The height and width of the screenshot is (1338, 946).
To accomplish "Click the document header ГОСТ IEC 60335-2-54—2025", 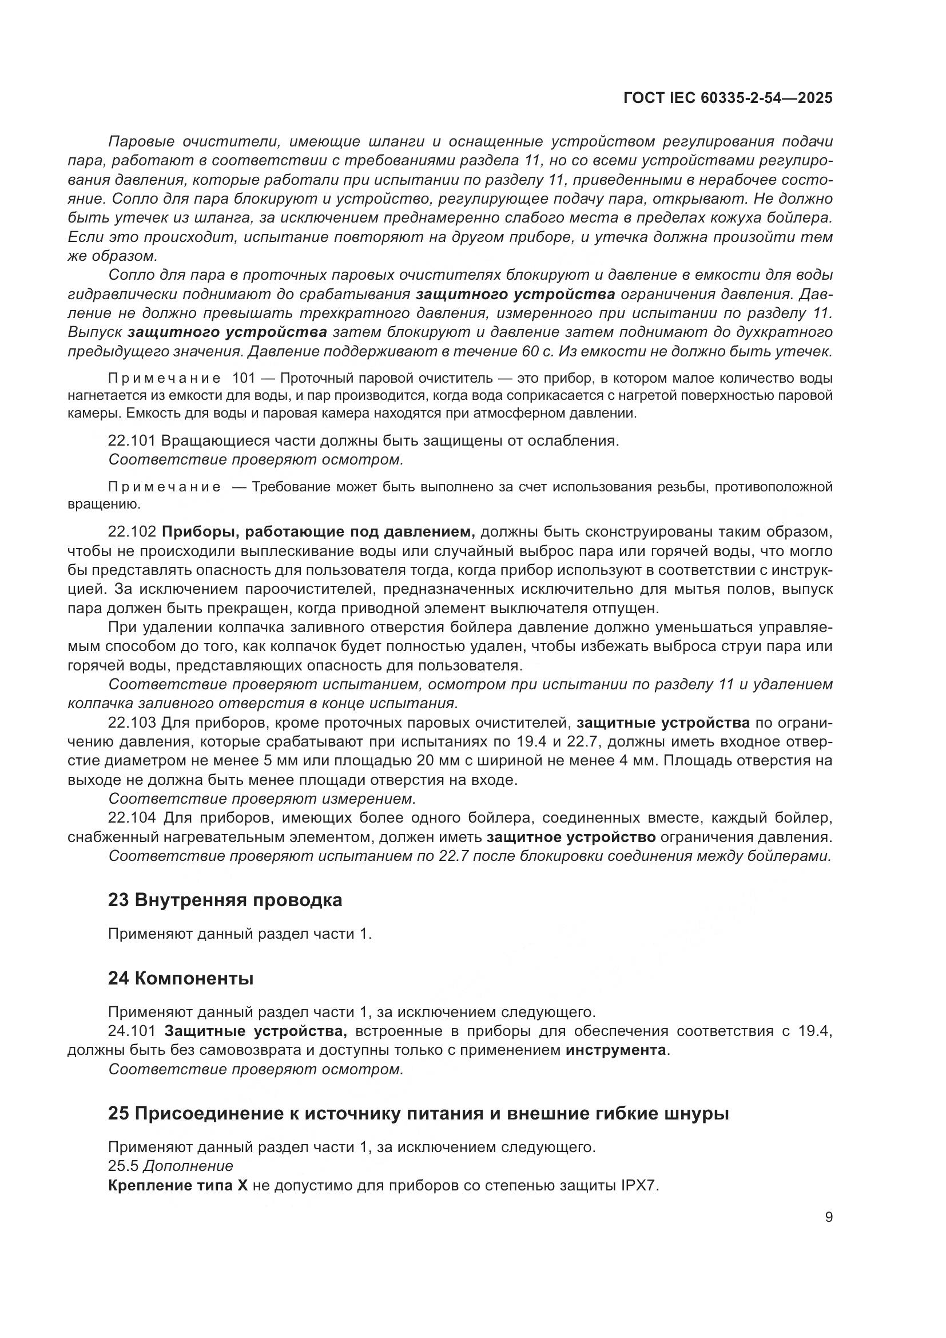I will [728, 98].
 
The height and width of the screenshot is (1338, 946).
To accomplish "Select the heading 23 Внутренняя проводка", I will [225, 900].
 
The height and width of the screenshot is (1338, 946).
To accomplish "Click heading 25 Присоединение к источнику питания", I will [418, 1114].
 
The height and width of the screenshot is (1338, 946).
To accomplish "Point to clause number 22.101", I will [132, 440].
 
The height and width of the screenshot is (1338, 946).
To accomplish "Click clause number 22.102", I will [132, 531].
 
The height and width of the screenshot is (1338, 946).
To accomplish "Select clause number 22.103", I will [132, 722].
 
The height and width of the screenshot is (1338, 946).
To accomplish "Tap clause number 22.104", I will [132, 818].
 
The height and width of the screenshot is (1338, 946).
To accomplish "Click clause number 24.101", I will [132, 1031].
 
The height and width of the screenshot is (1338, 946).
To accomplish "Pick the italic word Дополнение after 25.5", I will [188, 1166].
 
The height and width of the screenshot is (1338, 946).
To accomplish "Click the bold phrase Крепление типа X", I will [178, 1185].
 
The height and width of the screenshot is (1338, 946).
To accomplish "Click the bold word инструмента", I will [617, 1050].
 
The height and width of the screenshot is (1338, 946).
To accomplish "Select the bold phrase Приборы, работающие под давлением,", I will [319, 531].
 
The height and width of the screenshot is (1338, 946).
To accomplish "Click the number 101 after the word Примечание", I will [244, 378].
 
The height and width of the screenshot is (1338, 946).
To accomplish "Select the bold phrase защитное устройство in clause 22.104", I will [571, 837].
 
